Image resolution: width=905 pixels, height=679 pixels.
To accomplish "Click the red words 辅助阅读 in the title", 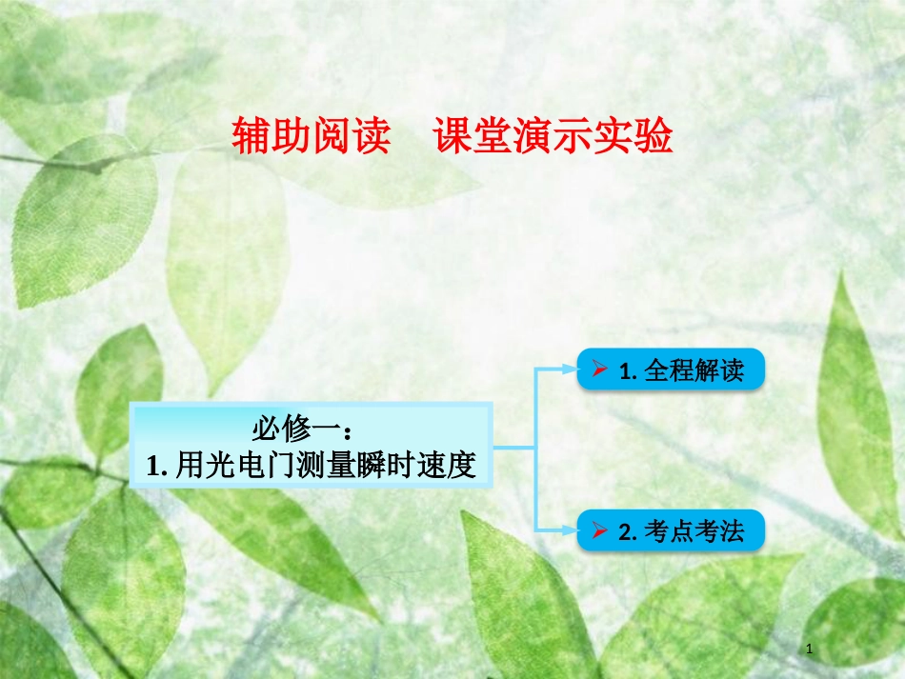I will coord(312,137).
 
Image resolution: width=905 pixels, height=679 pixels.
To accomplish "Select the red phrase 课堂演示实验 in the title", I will coord(553,137).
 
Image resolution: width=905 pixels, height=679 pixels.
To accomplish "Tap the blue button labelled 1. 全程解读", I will coord(671,369).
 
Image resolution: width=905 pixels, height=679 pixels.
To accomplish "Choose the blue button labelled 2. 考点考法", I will coord(671,530).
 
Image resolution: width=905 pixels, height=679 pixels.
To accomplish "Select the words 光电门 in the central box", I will coord(242,465).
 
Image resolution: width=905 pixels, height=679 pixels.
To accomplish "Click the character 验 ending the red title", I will coord(657,137).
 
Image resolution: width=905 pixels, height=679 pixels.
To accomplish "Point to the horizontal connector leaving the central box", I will coord(513,446).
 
